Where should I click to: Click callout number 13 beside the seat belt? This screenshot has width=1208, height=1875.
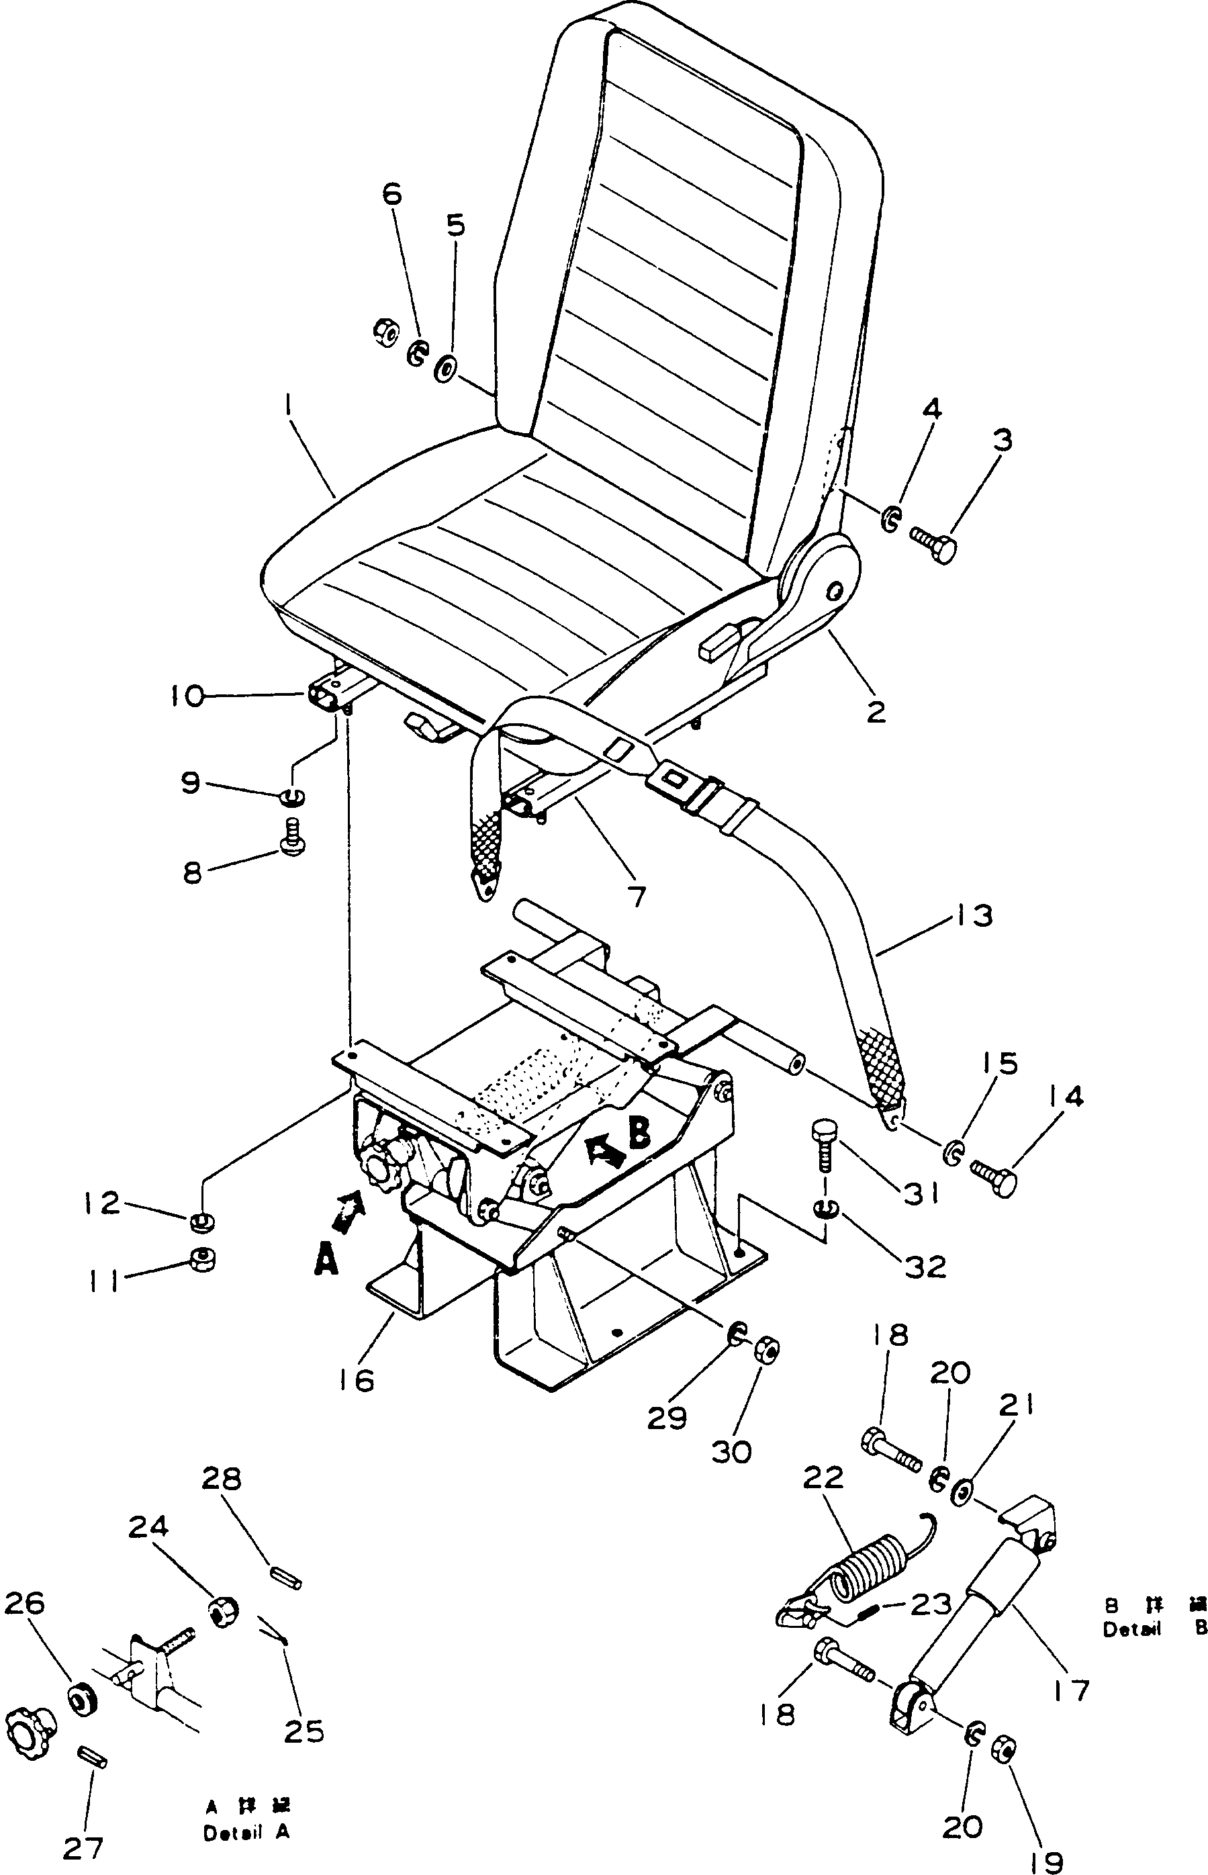point(974,915)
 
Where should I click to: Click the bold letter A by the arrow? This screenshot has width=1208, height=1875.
point(326,1261)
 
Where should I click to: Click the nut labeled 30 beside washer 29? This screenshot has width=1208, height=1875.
point(766,1350)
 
